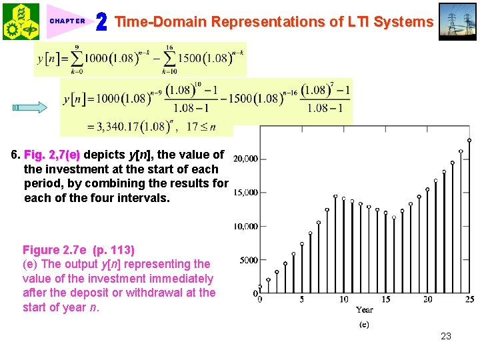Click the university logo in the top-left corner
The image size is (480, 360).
(21, 21)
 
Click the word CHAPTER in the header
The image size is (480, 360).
(67, 21)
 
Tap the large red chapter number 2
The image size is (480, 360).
(101, 22)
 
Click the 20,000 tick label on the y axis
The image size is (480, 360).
(245, 159)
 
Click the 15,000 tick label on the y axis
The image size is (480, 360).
(245, 193)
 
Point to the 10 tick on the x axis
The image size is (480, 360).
(343, 299)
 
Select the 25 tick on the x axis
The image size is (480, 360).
(469, 299)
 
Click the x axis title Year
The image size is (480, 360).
(365, 310)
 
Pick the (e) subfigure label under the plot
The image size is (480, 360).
(364, 325)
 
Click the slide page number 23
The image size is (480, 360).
(446, 336)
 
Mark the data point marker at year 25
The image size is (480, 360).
(469, 140)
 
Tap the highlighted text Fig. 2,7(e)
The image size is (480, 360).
(52, 155)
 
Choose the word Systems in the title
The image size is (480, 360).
(403, 22)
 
